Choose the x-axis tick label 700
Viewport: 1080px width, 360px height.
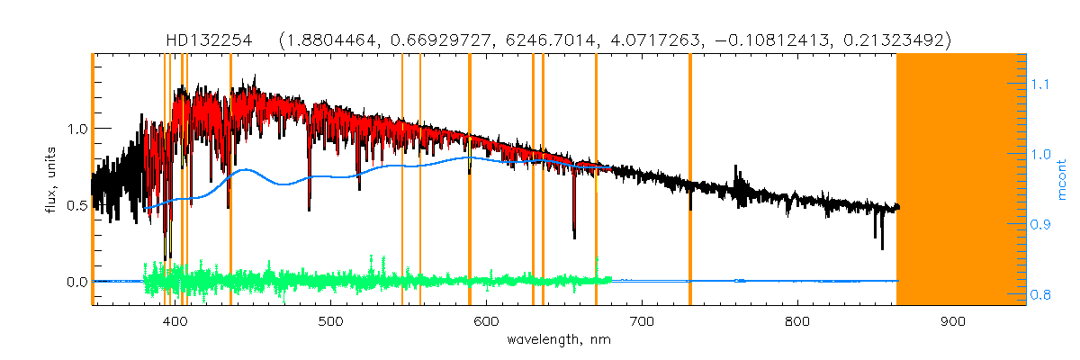point(642,321)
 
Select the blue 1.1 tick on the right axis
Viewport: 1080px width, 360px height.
point(1040,84)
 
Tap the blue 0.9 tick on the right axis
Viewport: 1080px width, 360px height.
point(1040,224)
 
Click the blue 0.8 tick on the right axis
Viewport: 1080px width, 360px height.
point(1040,294)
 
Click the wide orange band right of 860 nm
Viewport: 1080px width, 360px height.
point(961,180)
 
